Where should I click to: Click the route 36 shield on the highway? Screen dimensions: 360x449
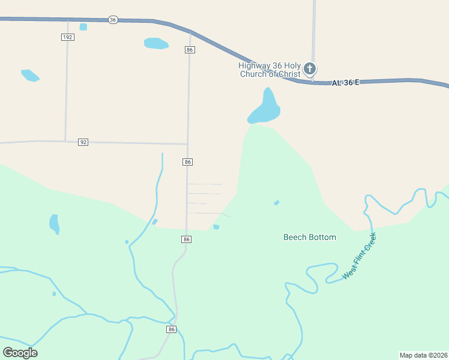pyautogui.click(x=113, y=20)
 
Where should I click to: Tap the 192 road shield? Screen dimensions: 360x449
pyautogui.click(x=68, y=37)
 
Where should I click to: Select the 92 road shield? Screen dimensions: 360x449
pyautogui.click(x=83, y=142)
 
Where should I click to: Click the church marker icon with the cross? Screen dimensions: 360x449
pyautogui.click(x=310, y=69)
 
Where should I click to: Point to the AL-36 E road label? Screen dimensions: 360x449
pyautogui.click(x=345, y=82)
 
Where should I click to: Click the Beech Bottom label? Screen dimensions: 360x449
pyautogui.click(x=310, y=237)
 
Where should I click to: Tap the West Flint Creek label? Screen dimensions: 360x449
pyautogui.click(x=359, y=256)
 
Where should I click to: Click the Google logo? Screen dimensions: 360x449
pyautogui.click(x=20, y=352)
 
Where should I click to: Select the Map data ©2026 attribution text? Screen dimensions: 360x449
pyautogui.click(x=423, y=355)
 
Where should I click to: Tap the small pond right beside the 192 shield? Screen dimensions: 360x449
pyautogui.click(x=83, y=27)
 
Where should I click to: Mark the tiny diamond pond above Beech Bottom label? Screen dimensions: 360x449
pyautogui.click(x=276, y=203)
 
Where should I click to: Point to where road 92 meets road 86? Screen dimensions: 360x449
pyautogui.click(x=187, y=144)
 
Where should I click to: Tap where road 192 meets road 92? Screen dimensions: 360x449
pyautogui.click(x=65, y=141)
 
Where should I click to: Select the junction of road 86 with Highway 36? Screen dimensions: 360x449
pyautogui.click(x=191, y=32)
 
